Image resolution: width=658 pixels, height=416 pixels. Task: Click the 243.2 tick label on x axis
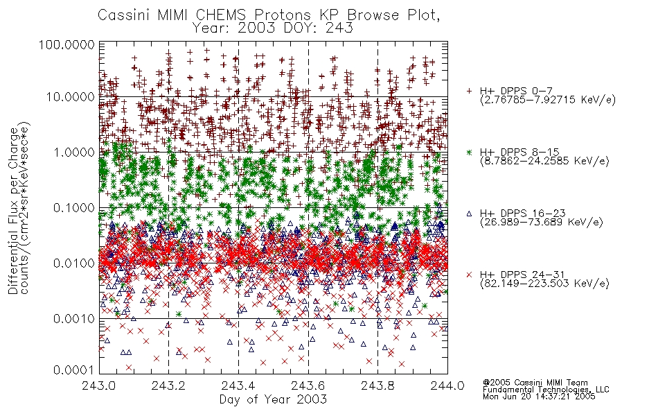click(169, 385)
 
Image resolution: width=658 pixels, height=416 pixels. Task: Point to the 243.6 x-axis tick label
click(308, 385)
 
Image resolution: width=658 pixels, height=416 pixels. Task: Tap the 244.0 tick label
click(447, 385)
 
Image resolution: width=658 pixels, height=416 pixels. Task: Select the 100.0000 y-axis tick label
click(67, 44)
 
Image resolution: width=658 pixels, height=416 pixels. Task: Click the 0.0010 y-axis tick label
click(74, 319)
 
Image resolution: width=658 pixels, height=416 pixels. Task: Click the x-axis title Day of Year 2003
click(273, 399)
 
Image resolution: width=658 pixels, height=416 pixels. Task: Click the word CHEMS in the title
click(221, 15)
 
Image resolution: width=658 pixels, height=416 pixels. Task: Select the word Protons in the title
click(283, 15)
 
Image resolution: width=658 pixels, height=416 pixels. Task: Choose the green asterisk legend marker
click(469, 152)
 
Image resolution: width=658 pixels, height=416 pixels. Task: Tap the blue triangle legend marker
click(469, 214)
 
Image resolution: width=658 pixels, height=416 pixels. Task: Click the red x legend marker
click(469, 275)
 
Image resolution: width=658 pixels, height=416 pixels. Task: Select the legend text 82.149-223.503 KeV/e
click(544, 284)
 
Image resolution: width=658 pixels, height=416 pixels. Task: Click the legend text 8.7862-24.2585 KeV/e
click(544, 161)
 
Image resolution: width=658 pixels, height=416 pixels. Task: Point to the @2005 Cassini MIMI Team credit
click(535, 383)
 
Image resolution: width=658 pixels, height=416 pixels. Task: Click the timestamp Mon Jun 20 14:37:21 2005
click(539, 396)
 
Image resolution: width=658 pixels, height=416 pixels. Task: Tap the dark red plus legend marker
click(469, 91)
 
